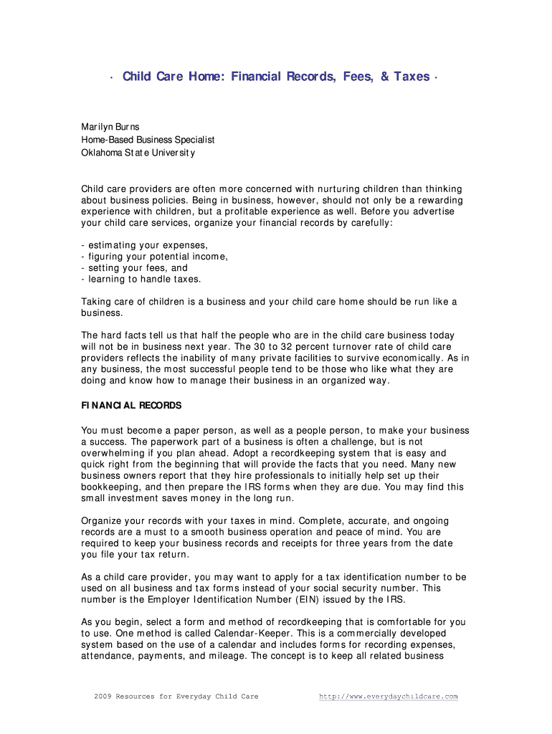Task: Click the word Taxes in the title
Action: [x=411, y=77]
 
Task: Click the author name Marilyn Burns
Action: [x=110, y=127]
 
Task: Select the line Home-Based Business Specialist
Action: [x=148, y=140]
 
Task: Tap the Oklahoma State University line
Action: [x=138, y=153]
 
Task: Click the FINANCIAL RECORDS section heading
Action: [x=131, y=406]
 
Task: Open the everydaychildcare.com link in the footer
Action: [x=388, y=697]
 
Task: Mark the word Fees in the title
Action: [x=353, y=77]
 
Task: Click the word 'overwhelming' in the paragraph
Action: [x=114, y=454]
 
